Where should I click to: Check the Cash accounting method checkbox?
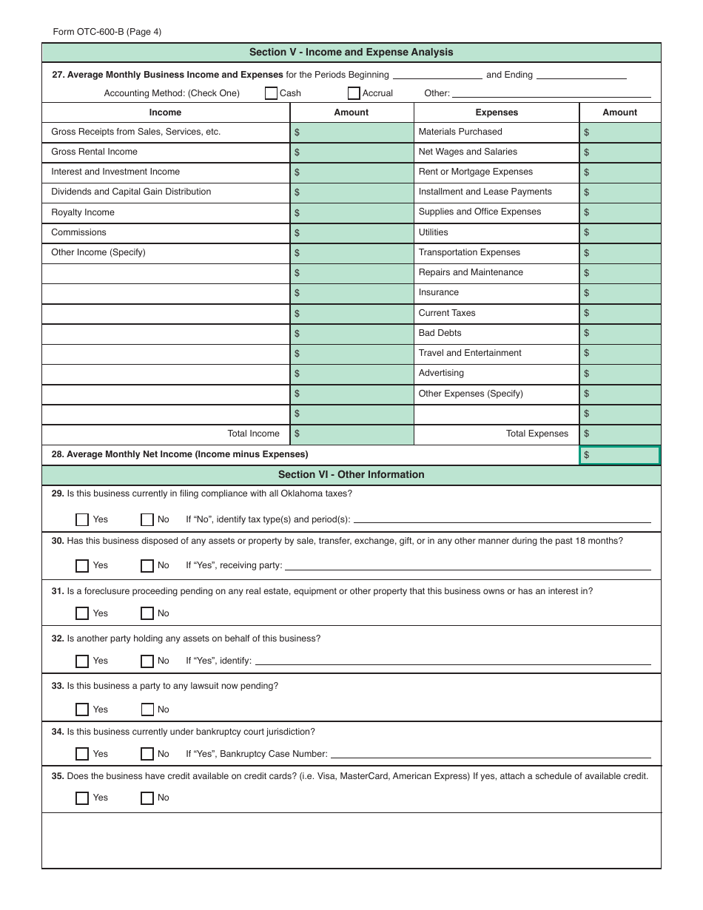coord(272,93)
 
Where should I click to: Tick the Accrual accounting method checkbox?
coord(354,93)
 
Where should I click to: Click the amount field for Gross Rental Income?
coord(351,152)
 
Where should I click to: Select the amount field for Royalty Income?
coord(351,212)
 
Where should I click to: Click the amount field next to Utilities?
coord(619,232)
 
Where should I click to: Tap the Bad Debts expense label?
coord(440,333)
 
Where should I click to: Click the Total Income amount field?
coord(351,434)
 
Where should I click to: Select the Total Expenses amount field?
coord(619,434)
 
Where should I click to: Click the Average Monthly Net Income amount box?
coord(619,455)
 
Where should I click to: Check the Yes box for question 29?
coord(82,519)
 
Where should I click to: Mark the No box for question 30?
coord(147,566)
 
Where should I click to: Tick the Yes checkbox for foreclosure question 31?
coord(82,613)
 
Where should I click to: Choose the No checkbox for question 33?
coord(147,710)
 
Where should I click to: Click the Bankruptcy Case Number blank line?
coord(490,755)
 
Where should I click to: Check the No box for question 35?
coord(147,798)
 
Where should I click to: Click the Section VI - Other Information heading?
coord(351,475)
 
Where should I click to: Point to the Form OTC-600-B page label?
coord(107,32)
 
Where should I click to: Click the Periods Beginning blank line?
coord(437,75)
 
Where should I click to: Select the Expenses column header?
coord(496,112)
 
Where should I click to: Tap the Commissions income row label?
coord(78,232)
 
